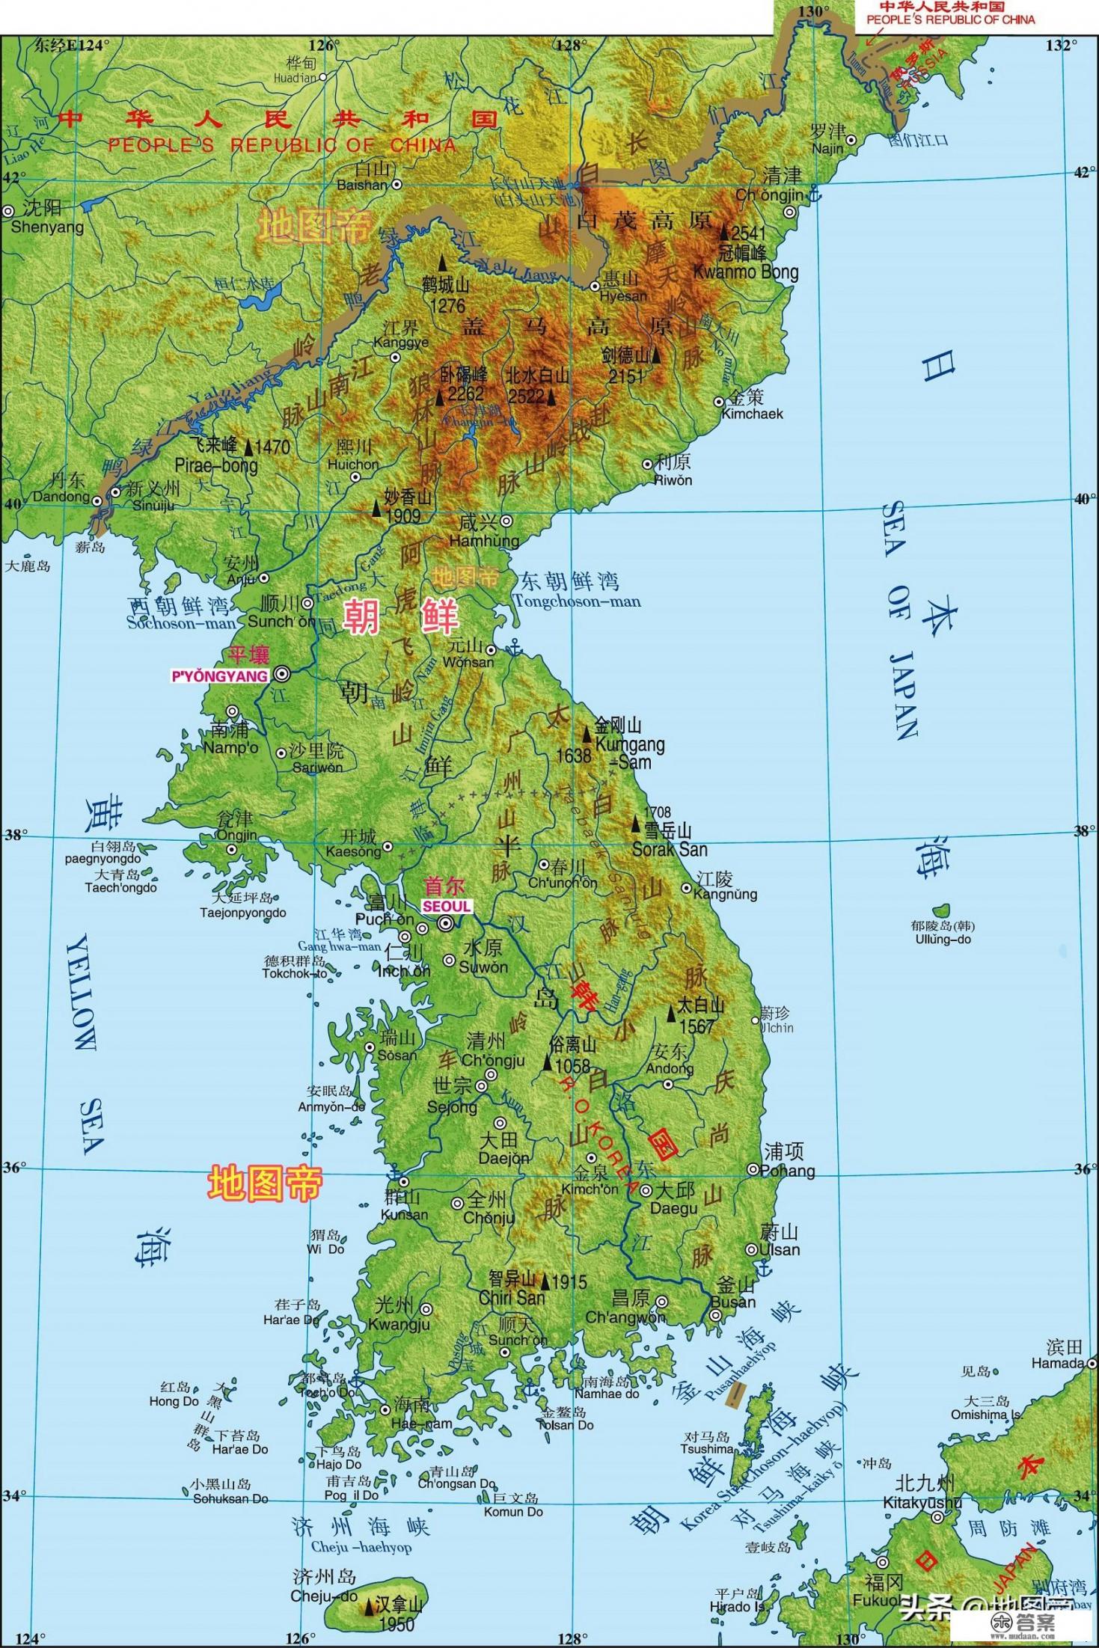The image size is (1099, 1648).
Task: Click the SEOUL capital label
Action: click(x=447, y=906)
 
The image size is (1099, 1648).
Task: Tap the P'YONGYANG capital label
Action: click(x=219, y=676)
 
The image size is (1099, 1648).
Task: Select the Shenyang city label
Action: click(x=47, y=227)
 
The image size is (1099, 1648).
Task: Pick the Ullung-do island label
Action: click(x=943, y=939)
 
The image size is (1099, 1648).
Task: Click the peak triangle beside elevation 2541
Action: click(x=723, y=231)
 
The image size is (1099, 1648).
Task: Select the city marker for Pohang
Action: click(x=753, y=1169)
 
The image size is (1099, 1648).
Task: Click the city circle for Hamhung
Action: click(x=506, y=521)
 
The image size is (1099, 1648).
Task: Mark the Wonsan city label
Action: click(x=468, y=662)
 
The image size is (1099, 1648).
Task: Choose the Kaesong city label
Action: click(x=353, y=851)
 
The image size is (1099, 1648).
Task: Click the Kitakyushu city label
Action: click(x=922, y=1502)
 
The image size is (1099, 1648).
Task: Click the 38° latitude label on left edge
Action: click(x=14, y=834)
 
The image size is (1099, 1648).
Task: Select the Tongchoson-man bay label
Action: click(x=577, y=601)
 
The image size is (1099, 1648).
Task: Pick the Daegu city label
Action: click(x=673, y=1207)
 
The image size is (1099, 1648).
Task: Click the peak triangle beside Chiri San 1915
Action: click(x=545, y=1282)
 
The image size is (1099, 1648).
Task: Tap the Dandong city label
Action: click(x=61, y=496)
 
